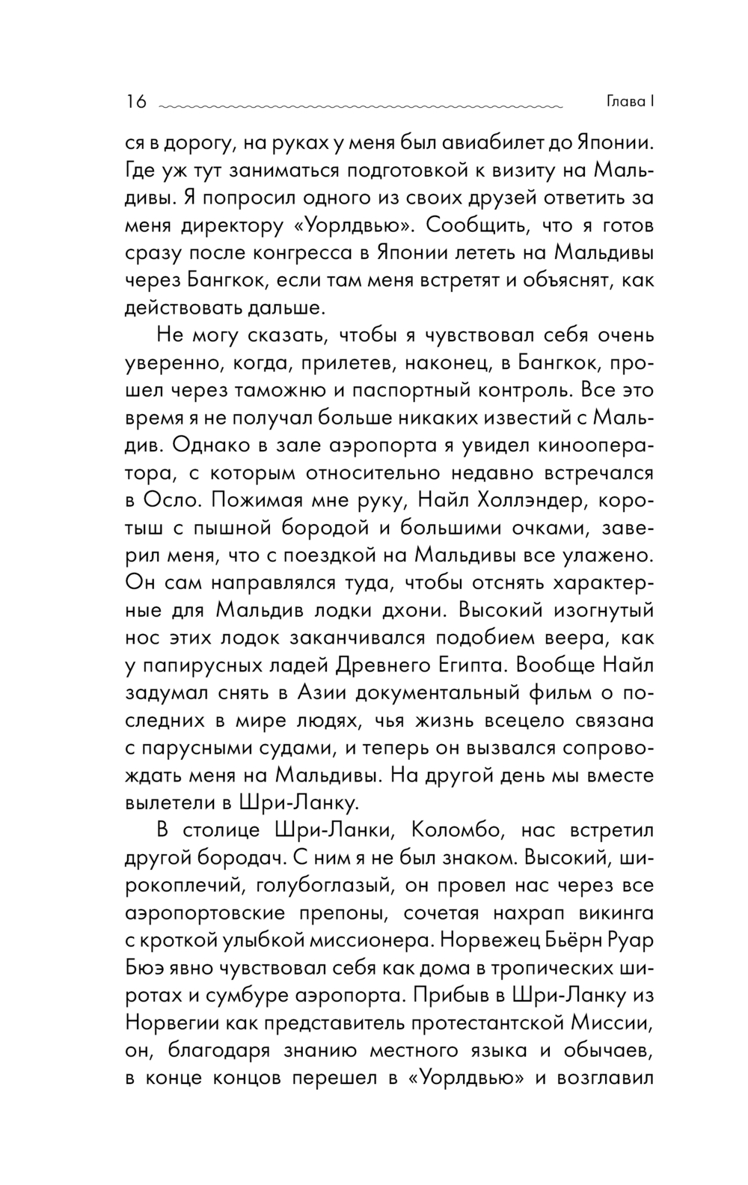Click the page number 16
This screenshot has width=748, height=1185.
(136, 102)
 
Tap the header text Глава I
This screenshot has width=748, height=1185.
(628, 102)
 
